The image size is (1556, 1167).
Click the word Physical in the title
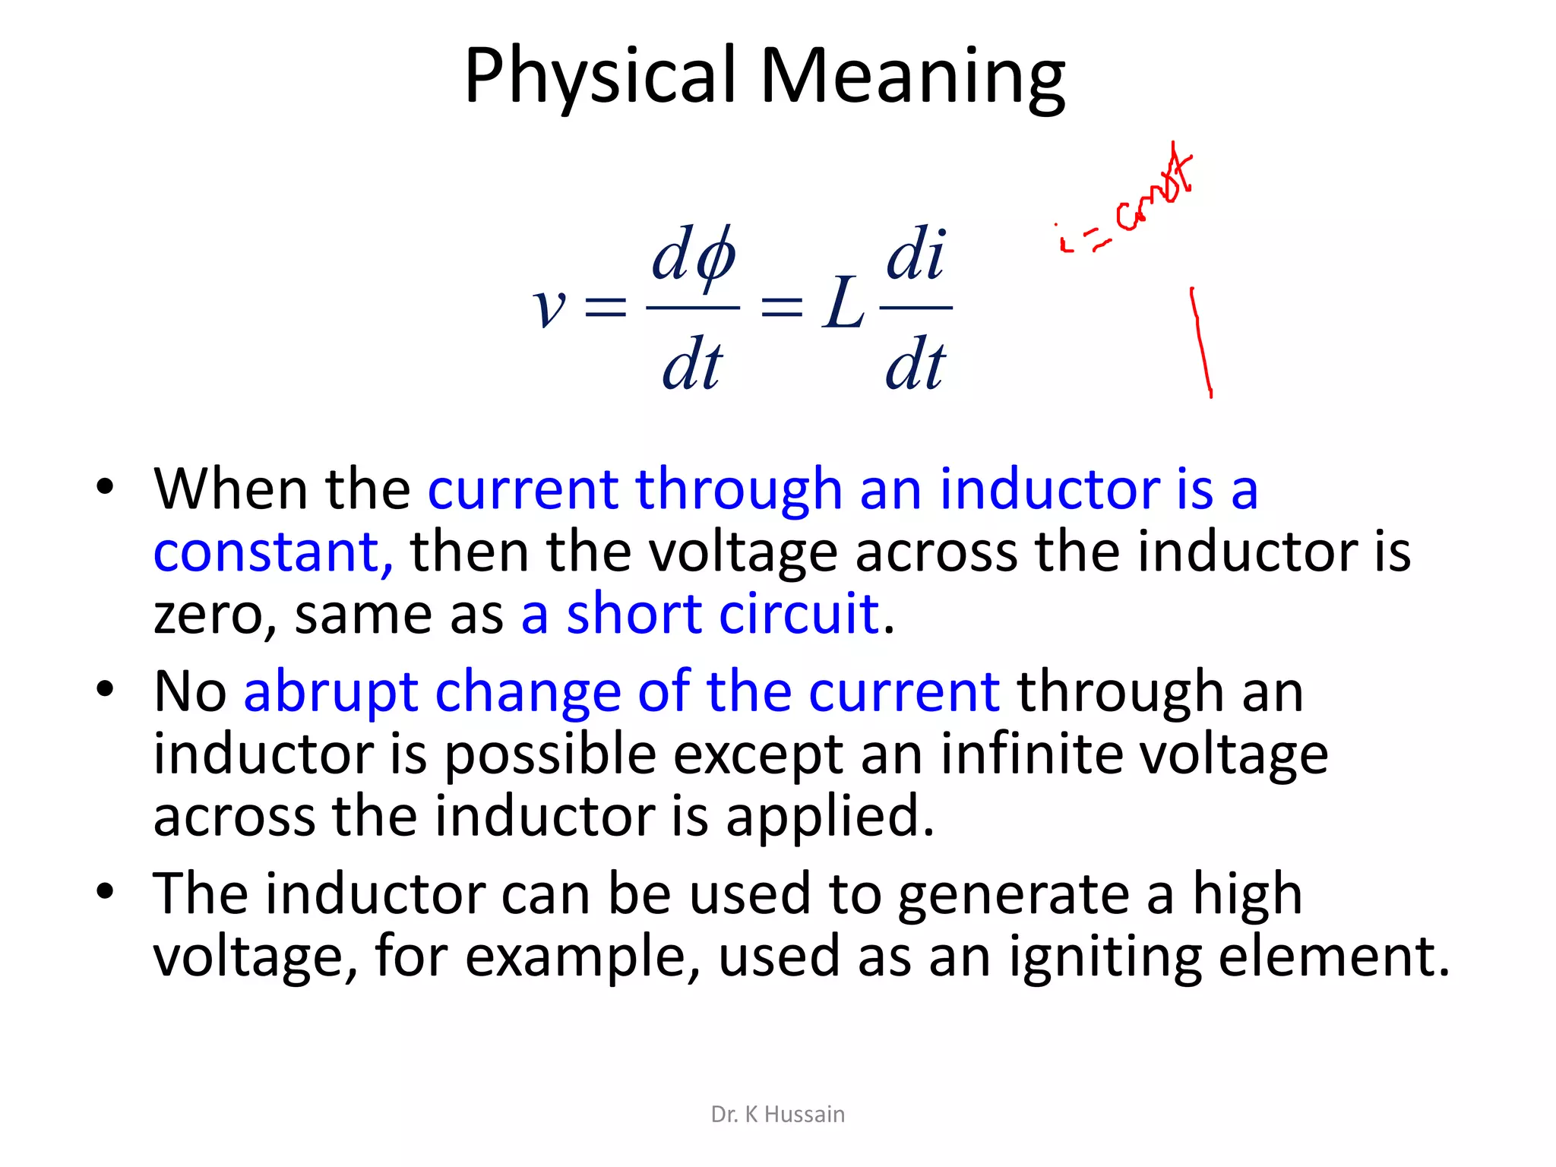click(x=600, y=76)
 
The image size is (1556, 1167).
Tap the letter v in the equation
click(x=549, y=308)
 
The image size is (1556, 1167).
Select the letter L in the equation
click(x=843, y=304)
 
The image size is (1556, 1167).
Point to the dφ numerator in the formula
click(x=693, y=255)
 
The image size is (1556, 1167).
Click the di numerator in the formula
click(x=916, y=254)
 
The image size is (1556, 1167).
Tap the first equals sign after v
click(x=605, y=308)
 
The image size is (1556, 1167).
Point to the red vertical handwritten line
click(x=1201, y=342)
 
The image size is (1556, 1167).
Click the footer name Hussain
click(x=804, y=1114)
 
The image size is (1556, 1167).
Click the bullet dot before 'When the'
click(x=105, y=486)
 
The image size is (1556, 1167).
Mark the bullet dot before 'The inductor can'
click(x=105, y=890)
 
